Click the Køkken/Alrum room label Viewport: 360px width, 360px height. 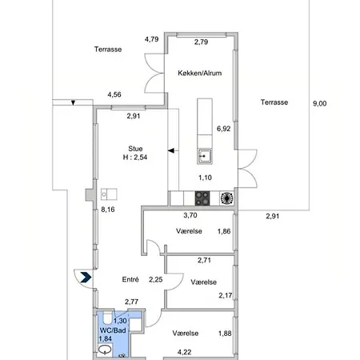tap(200, 73)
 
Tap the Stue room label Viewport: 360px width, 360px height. tap(135, 149)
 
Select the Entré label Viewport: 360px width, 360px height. tap(130, 279)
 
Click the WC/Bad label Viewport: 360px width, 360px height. tap(113, 330)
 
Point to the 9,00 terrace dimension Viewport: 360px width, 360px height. tap(319, 103)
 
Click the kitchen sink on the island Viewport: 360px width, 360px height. tap(205, 156)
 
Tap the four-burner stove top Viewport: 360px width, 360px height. tap(202, 198)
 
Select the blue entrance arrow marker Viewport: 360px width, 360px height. tap(86, 278)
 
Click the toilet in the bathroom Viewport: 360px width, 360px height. tap(107, 318)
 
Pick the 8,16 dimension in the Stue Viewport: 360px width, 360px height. tap(108, 210)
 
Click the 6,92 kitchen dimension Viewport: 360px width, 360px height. tap(223, 129)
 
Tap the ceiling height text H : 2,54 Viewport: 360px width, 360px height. tap(135, 158)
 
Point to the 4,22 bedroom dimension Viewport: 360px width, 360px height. tap(184, 352)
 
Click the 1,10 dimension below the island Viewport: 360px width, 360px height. tap(205, 178)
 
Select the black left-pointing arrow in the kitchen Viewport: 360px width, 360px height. tap(171, 151)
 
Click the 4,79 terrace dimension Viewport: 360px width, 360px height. tap(152, 39)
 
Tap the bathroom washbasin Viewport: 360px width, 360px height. tap(105, 350)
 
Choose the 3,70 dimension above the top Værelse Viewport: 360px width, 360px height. tap(190, 215)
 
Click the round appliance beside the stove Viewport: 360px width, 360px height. tap(226, 198)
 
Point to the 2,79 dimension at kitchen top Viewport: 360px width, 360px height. tap(201, 42)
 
